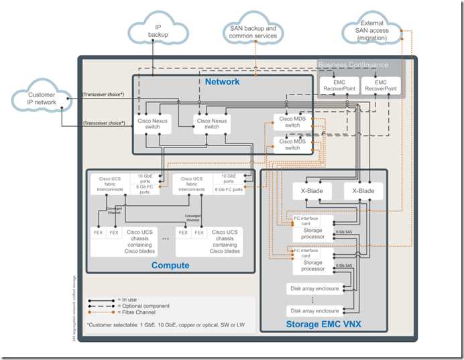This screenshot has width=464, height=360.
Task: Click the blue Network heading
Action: coord(222,82)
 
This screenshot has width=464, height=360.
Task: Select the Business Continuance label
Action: coord(353,65)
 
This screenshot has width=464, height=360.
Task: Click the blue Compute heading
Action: coord(170,265)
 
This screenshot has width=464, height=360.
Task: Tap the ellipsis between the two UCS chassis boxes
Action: coord(165,238)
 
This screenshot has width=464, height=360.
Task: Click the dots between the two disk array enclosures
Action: coord(314,300)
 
